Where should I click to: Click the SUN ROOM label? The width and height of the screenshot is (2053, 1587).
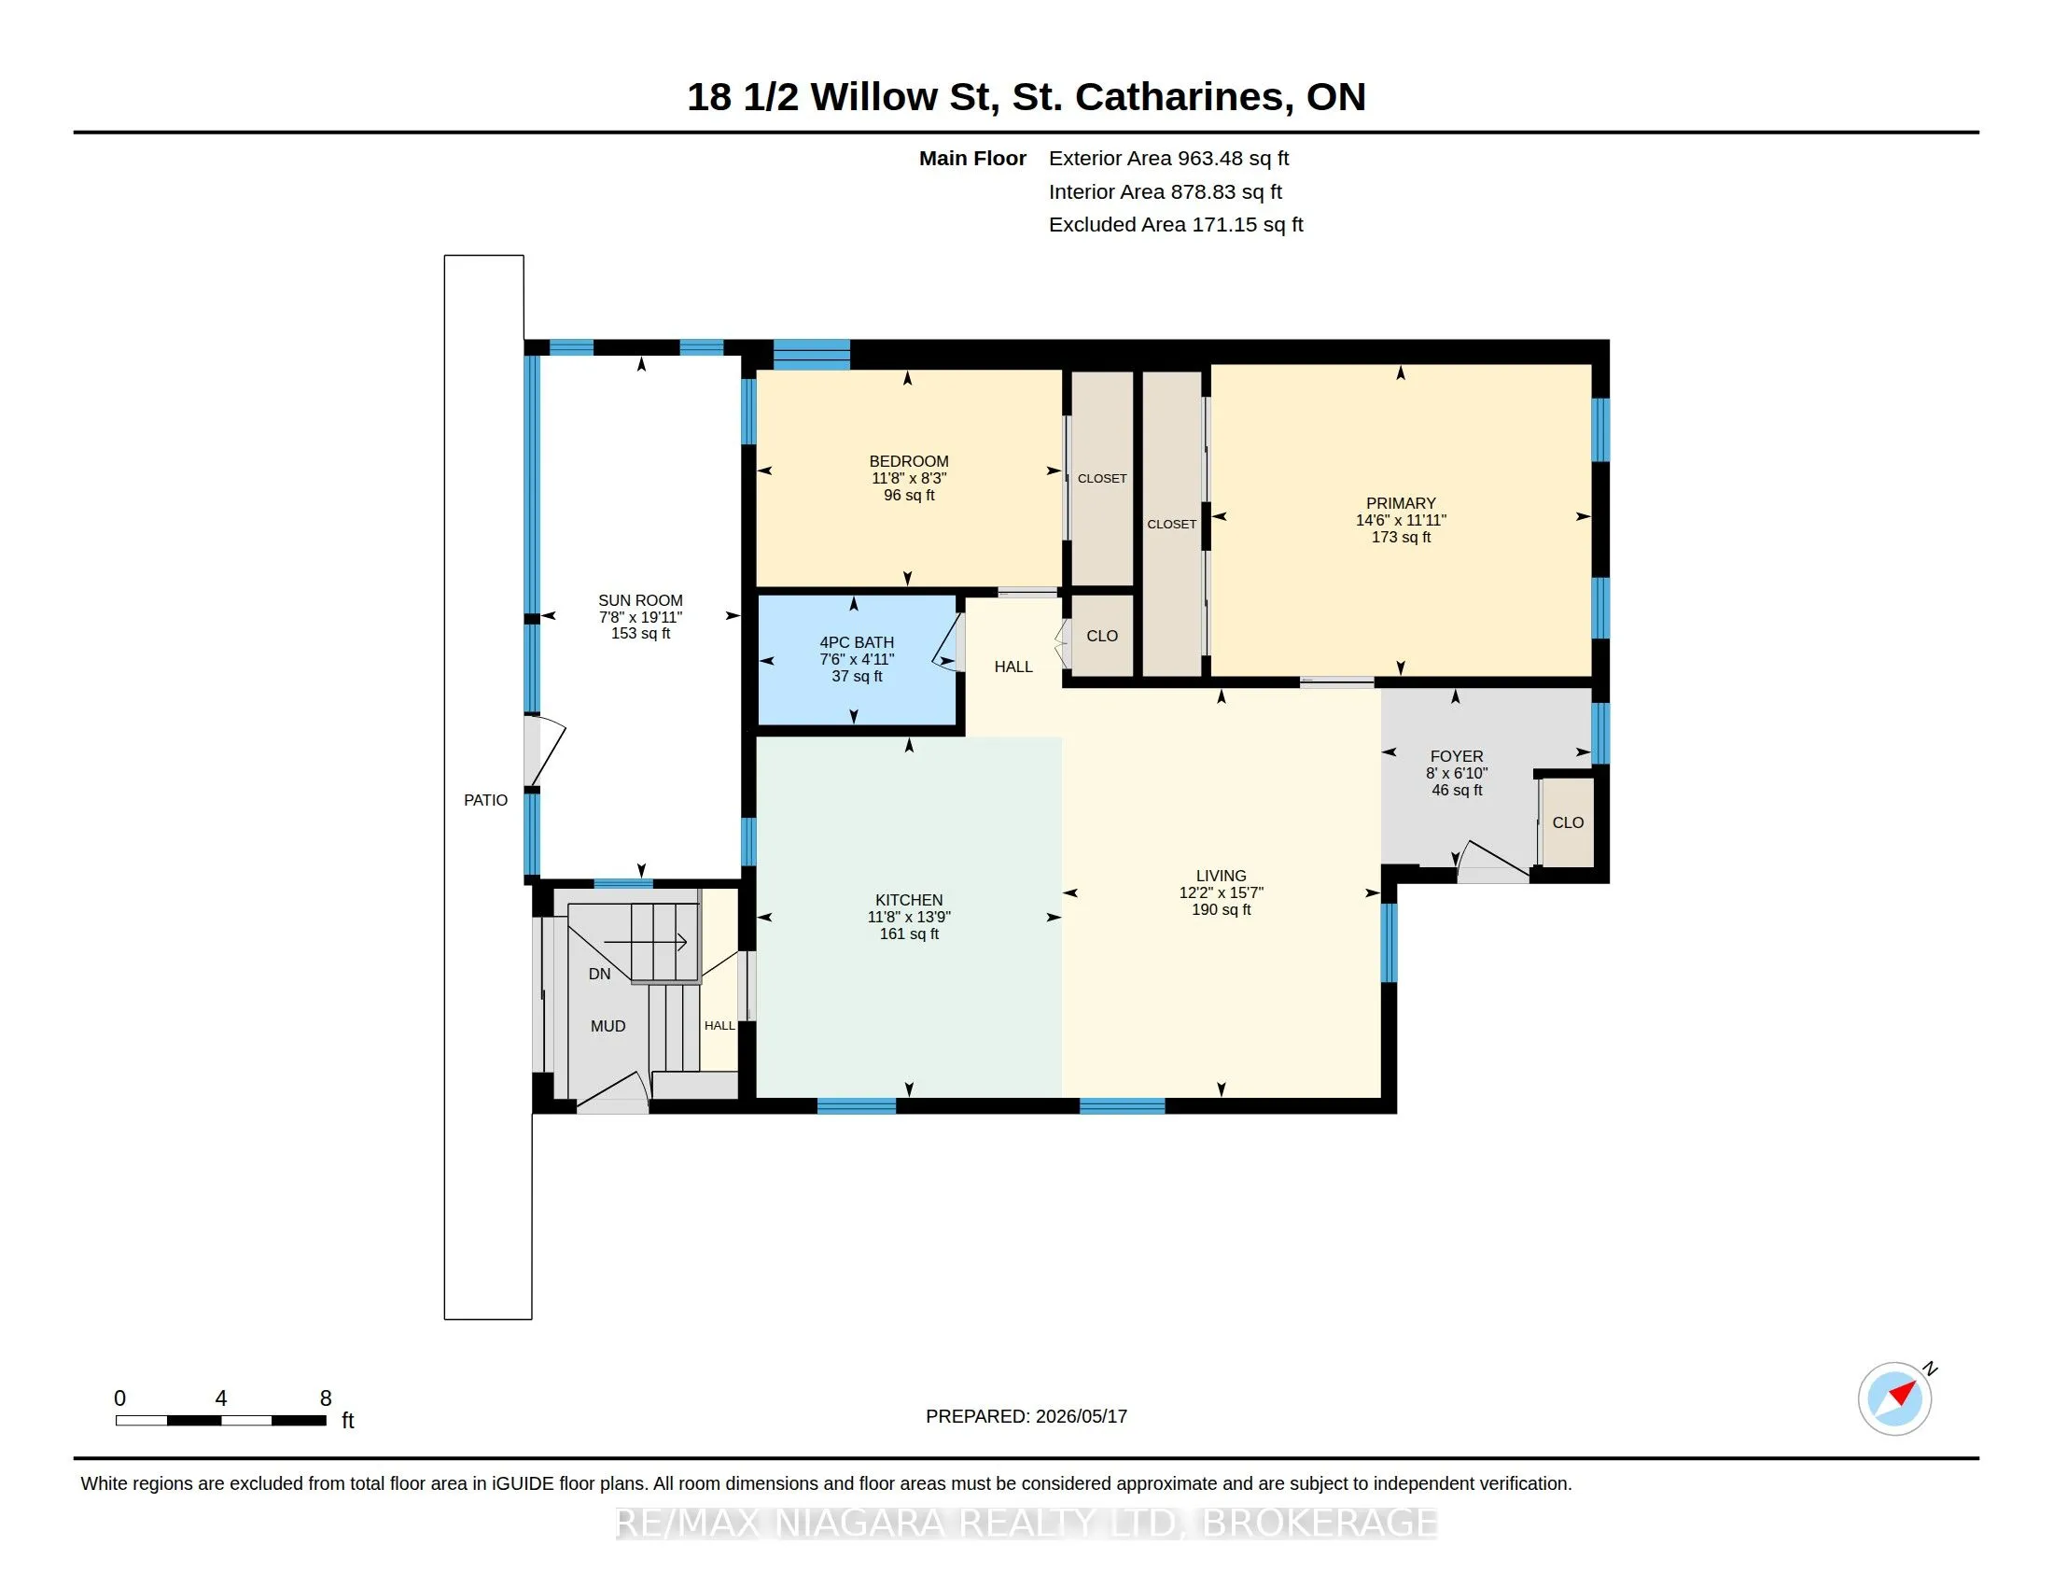[x=640, y=600]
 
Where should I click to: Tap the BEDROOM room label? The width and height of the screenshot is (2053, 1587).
[x=908, y=460]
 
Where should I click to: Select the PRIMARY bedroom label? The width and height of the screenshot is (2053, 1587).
[x=1401, y=503]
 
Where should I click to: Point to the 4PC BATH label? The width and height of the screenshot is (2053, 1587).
[x=857, y=642]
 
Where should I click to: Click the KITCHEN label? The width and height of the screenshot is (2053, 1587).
[x=908, y=900]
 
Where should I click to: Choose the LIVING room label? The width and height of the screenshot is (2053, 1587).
[x=1222, y=876]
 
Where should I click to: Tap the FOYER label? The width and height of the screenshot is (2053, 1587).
[x=1456, y=756]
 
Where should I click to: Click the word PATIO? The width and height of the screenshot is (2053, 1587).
[x=485, y=800]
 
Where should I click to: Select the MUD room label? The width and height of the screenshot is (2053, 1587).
[x=608, y=1026]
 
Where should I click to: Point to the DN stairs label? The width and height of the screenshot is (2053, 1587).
[x=600, y=974]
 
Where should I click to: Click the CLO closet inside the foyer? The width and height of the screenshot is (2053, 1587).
[x=1568, y=822]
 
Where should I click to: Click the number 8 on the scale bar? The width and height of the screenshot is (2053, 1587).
[x=326, y=1398]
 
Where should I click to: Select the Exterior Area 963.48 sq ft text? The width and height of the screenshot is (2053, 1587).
[x=1168, y=158]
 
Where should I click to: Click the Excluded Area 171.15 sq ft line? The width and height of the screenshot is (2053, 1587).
[x=1176, y=224]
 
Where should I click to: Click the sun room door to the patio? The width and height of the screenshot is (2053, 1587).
[x=545, y=751]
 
